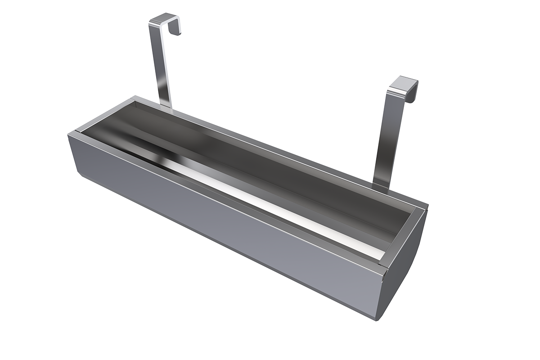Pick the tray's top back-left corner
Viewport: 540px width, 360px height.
pyautogui.click(x=133, y=97)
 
